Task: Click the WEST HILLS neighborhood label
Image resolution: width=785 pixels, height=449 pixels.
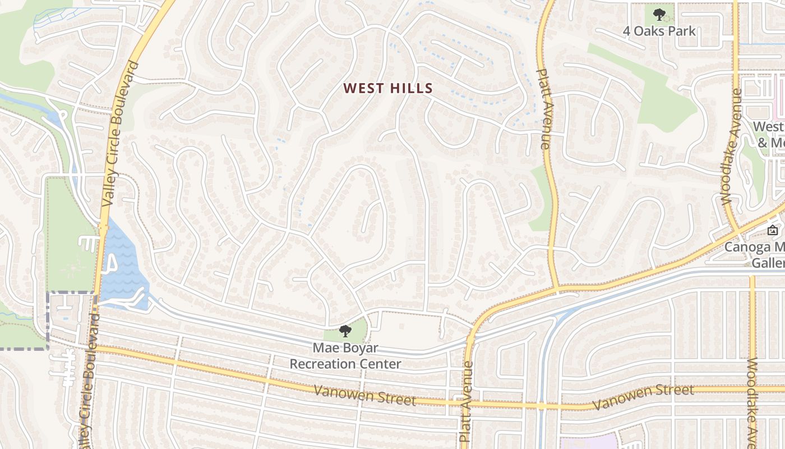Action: tap(388, 88)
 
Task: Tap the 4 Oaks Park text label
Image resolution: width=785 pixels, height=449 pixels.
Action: tap(659, 31)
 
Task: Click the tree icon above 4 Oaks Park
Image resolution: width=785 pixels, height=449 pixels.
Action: tap(659, 14)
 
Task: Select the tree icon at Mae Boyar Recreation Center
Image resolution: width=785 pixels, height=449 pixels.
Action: tap(345, 331)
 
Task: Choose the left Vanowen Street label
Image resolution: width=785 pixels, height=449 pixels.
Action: tap(364, 395)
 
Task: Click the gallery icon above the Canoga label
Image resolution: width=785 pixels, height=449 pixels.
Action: tap(772, 230)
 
